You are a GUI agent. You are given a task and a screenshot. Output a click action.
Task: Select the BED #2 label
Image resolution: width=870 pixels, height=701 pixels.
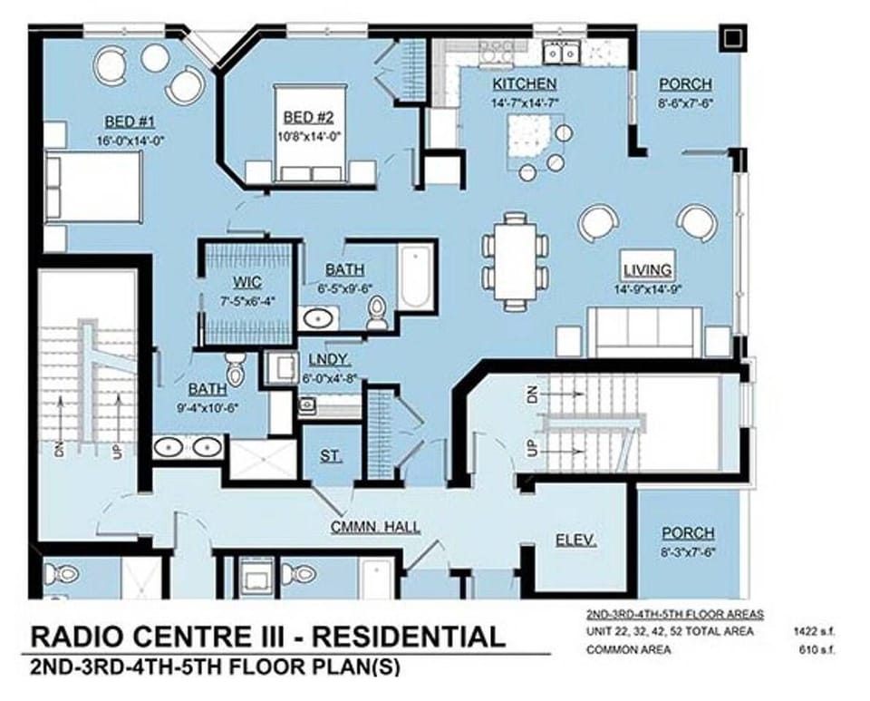click(x=309, y=117)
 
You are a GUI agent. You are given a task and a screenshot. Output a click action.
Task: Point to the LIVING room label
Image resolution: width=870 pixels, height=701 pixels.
click(x=647, y=269)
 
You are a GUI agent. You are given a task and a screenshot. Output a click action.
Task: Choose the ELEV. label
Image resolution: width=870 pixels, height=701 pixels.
click(x=575, y=541)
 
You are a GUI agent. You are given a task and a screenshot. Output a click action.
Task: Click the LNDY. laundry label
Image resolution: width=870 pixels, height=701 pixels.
click(x=324, y=359)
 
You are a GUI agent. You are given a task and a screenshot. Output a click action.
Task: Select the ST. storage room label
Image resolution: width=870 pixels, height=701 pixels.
click(x=330, y=456)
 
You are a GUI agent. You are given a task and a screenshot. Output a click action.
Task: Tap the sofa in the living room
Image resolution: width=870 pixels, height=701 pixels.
click(x=644, y=330)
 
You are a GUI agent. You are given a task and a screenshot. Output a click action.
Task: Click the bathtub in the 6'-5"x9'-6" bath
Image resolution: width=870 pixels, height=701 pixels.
click(x=418, y=276)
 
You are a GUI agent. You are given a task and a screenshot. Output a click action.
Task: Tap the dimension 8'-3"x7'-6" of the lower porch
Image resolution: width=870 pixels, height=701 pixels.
click(x=687, y=550)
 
